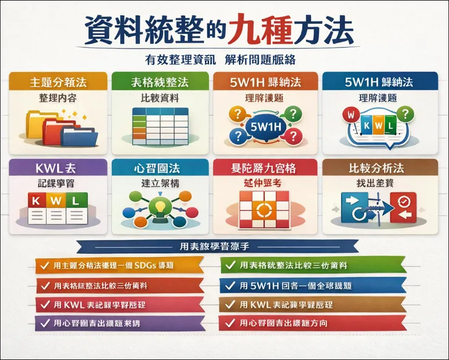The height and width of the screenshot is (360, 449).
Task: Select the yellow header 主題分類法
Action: pyautogui.click(x=58, y=82)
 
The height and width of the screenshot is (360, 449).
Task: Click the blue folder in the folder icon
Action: pyautogui.click(x=79, y=132)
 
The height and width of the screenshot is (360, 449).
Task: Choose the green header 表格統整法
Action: pyautogui.click(x=160, y=82)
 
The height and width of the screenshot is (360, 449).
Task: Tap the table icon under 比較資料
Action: pyautogui.click(x=159, y=124)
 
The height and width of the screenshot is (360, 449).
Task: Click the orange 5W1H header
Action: pyautogui.click(x=265, y=82)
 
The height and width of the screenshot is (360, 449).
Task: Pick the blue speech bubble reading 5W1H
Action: pyautogui.click(x=265, y=127)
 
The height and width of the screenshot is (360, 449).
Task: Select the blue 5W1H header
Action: pyautogui.click(x=370, y=82)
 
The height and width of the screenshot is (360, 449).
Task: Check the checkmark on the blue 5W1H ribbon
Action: pyautogui.click(x=230, y=285)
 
